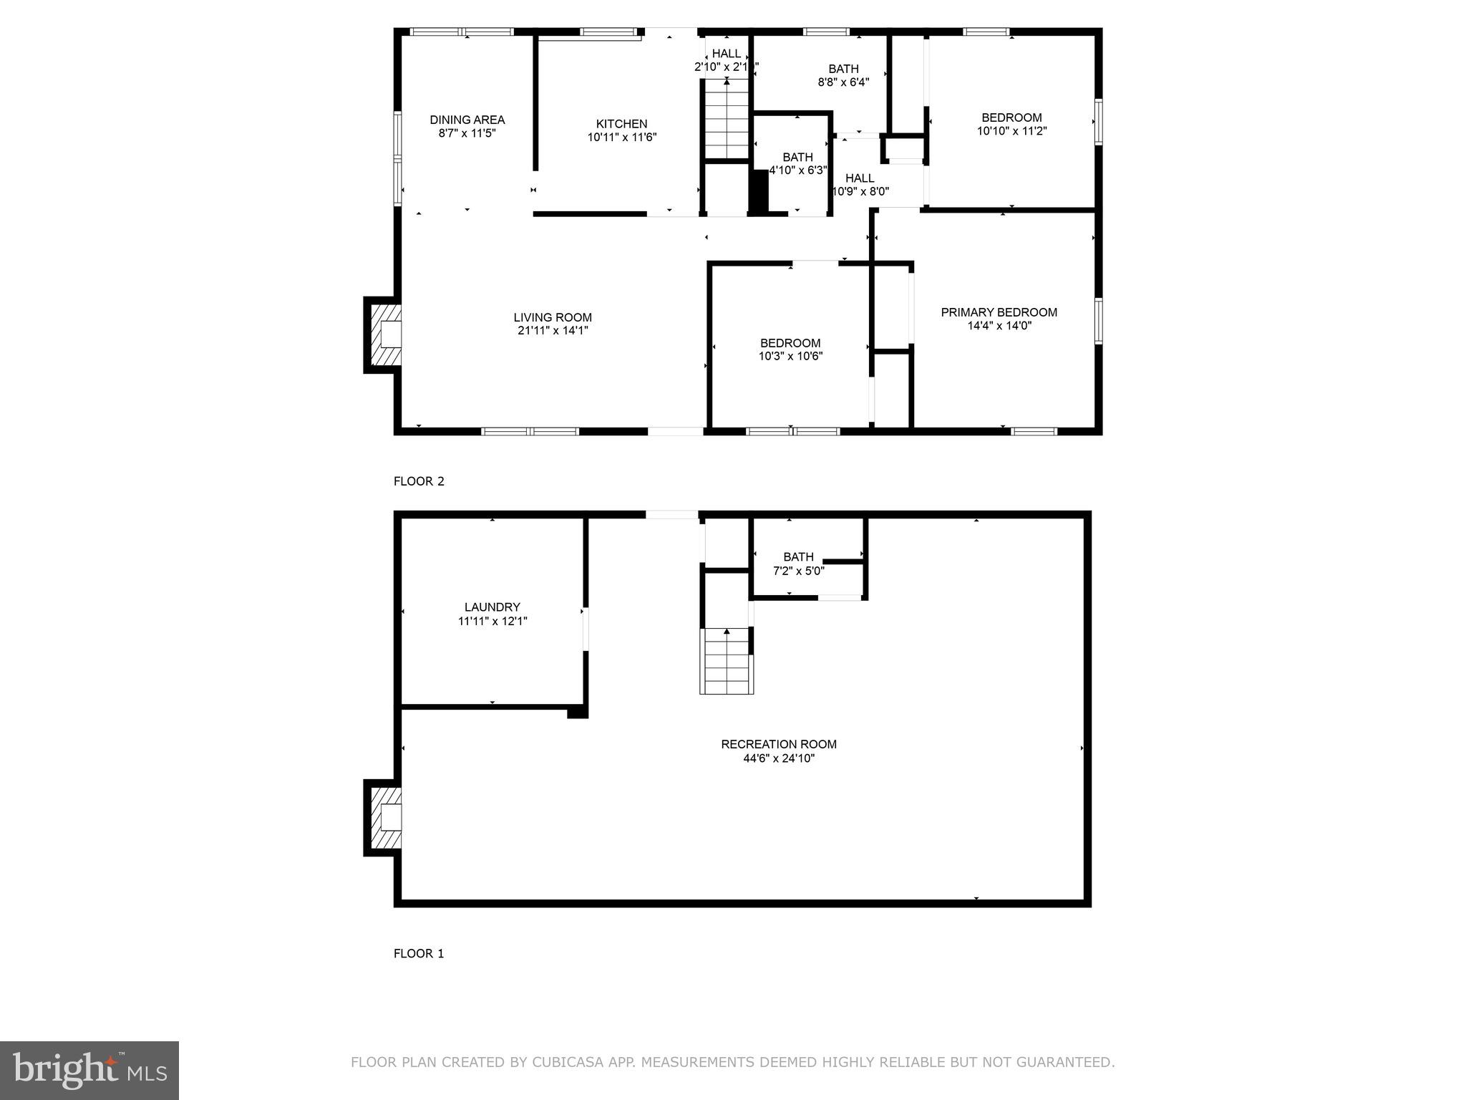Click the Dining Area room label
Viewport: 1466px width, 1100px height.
tap(467, 120)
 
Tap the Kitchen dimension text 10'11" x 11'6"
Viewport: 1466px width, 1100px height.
tap(621, 137)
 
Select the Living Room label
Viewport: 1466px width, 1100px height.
tap(553, 317)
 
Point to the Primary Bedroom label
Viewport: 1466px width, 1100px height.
tap(999, 312)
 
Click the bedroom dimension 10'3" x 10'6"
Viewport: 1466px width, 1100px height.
tap(790, 356)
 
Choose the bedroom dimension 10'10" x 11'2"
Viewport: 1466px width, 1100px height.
tap(1011, 131)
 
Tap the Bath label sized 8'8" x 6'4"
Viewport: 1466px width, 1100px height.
tap(843, 69)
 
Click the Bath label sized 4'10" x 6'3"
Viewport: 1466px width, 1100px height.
tap(797, 157)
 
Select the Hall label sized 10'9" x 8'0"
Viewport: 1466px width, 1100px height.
tap(859, 178)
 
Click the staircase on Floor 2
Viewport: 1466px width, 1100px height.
tap(727, 119)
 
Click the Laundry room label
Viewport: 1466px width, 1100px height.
tap(492, 607)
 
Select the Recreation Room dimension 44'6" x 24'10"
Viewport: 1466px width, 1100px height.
tap(779, 758)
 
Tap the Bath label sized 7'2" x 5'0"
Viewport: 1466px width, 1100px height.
tap(798, 556)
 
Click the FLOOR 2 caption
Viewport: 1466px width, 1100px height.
tap(419, 481)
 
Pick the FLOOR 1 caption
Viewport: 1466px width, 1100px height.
tap(419, 953)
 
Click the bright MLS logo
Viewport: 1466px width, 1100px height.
tap(89, 1070)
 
